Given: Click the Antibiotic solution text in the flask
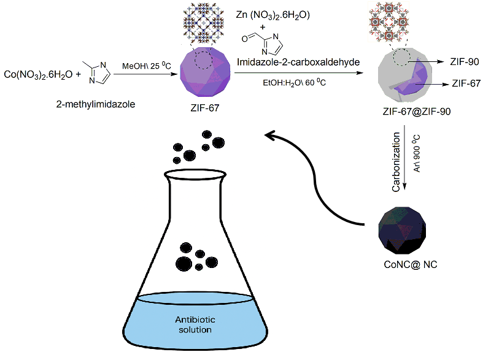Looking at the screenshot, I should click(193, 324).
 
